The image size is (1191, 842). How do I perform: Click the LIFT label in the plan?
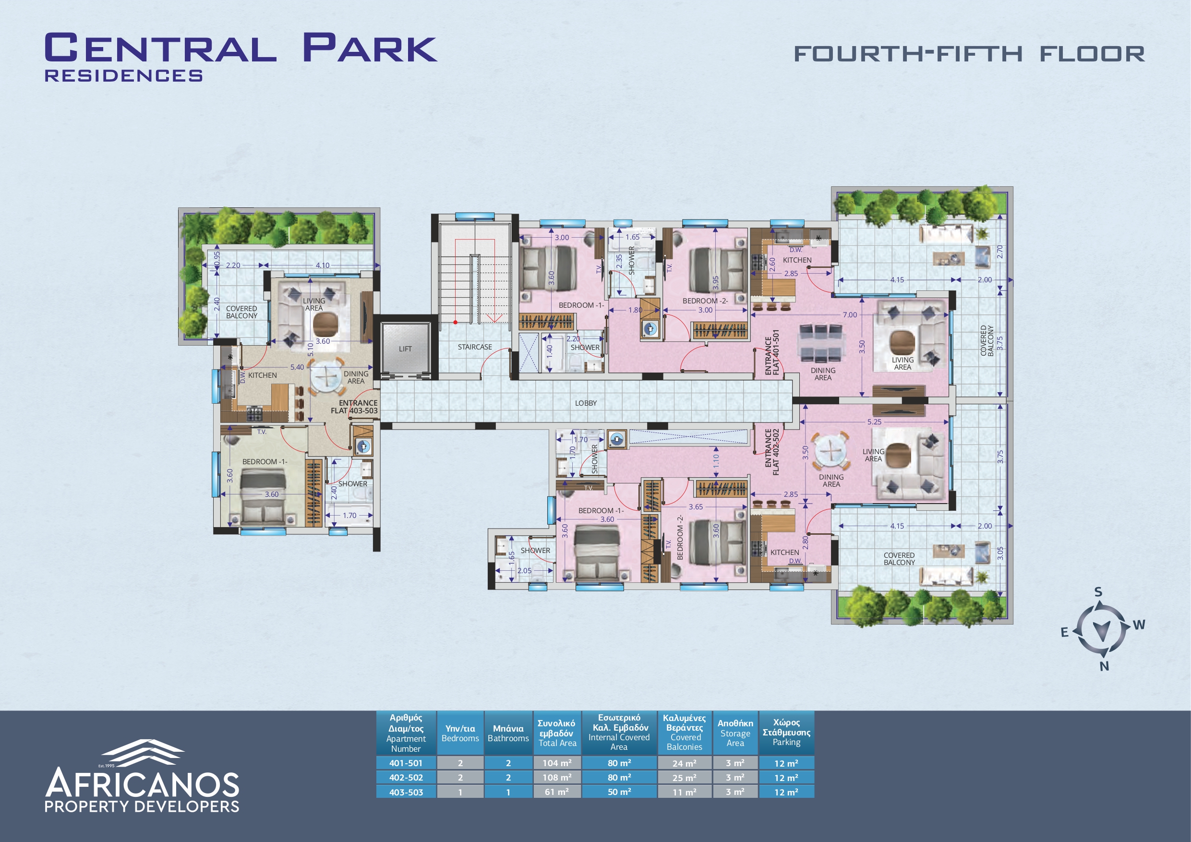[x=405, y=349]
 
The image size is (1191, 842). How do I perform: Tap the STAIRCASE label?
[x=475, y=347]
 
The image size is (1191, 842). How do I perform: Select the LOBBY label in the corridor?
[x=586, y=403]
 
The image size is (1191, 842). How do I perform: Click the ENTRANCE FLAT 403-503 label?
[x=355, y=407]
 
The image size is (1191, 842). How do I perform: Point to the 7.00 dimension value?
[x=850, y=314]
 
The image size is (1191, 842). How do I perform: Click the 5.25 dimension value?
[x=874, y=422]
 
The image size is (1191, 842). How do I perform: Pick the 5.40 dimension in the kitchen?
[x=297, y=367]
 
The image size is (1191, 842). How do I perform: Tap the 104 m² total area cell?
[x=557, y=763]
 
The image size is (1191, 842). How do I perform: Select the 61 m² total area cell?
[x=557, y=792]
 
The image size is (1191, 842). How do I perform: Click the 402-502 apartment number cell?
[x=406, y=777]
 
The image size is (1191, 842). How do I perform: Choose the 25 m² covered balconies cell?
[x=685, y=777]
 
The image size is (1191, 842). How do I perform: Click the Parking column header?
[x=786, y=732]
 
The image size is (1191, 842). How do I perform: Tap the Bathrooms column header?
[x=508, y=733]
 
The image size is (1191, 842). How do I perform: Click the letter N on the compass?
[x=1105, y=666]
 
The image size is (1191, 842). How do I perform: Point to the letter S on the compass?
[x=1098, y=592]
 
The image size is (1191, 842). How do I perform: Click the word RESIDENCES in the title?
[x=123, y=76]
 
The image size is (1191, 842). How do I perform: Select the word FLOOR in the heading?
[x=1092, y=54]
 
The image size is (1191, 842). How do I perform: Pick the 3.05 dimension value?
[x=1000, y=553]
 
